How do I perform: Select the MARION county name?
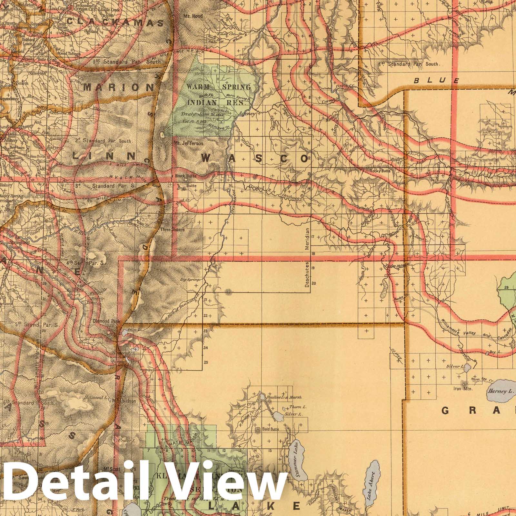pyautogui.click(x=119, y=87)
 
